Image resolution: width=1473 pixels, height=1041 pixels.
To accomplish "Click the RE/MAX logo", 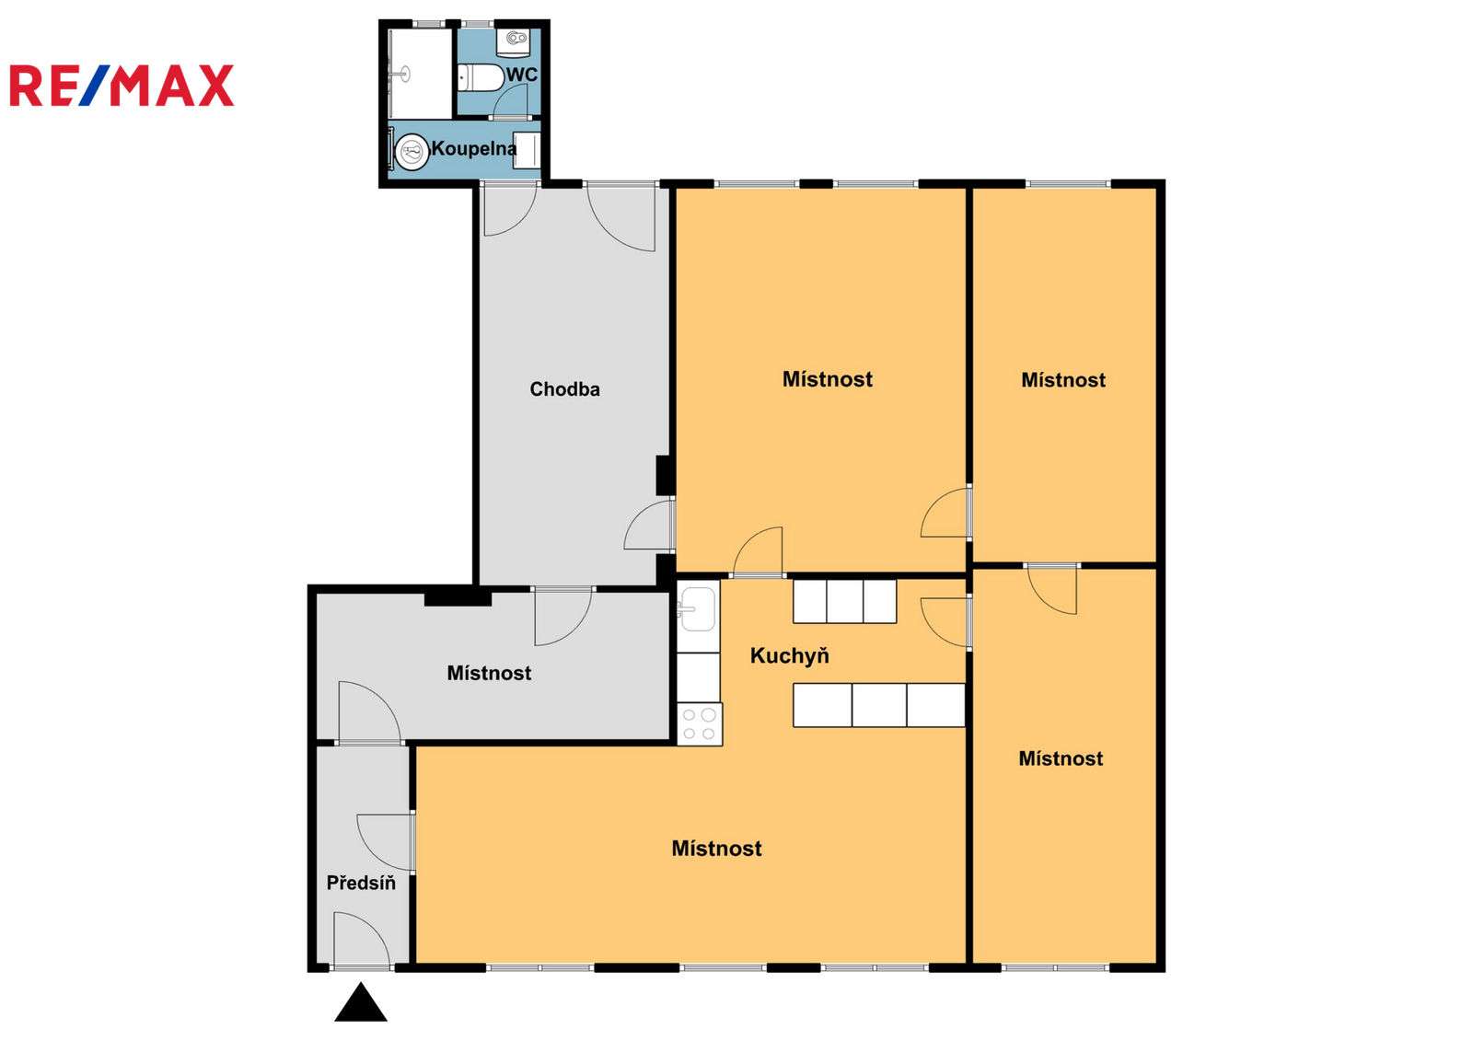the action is pyautogui.click(x=122, y=86).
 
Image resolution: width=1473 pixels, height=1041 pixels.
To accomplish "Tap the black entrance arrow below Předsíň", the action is pyautogui.click(x=360, y=1003).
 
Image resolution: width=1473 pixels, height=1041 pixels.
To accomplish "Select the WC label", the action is pyautogui.click(x=521, y=75).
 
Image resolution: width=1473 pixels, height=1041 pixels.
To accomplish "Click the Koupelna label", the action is pyautogui.click(x=473, y=148).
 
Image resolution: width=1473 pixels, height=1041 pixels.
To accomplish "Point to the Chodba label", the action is pyautogui.click(x=565, y=389).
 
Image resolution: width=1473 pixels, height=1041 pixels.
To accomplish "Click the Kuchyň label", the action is pyautogui.click(x=789, y=655).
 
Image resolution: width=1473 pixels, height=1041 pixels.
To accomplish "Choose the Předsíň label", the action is pyautogui.click(x=361, y=883).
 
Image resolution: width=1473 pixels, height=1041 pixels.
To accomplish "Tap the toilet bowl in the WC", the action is pyautogui.click(x=481, y=77).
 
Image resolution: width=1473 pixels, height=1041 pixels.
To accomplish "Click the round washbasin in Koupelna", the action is pyautogui.click(x=412, y=153).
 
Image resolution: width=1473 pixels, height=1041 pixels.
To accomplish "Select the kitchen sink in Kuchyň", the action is pyautogui.click(x=697, y=609).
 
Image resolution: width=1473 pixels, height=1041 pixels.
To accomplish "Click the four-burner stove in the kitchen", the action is pyautogui.click(x=700, y=724).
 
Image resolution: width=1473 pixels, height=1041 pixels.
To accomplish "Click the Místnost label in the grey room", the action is pyautogui.click(x=489, y=674).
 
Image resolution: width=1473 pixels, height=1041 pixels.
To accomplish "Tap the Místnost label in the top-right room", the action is pyautogui.click(x=1063, y=380).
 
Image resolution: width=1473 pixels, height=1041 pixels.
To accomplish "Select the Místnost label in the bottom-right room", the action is pyautogui.click(x=1061, y=758).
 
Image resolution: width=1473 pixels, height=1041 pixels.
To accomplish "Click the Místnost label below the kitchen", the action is pyautogui.click(x=717, y=849).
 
